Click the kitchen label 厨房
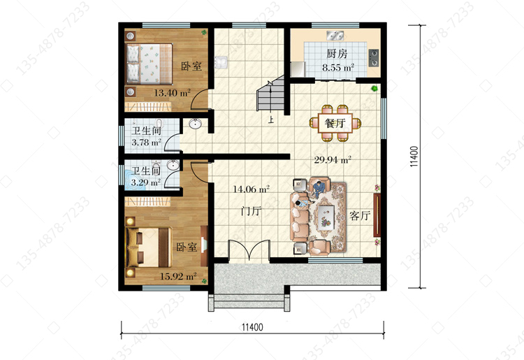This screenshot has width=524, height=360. coord(337,54)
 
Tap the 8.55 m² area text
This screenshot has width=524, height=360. coord(338,68)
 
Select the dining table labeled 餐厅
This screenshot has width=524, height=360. coord(335,123)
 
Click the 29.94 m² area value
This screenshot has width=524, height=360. coord(332,160)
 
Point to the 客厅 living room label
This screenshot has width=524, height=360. coord(360,215)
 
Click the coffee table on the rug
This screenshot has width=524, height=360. coord(326,217)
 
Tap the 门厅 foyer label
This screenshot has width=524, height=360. coord(251,211)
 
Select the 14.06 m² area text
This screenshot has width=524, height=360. coord(251,189)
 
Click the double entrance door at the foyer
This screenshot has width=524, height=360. coord(249,250)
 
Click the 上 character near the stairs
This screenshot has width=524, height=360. coord(270,120)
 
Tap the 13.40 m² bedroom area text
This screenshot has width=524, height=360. coord(172,93)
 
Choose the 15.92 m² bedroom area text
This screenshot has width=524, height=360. coord(177,276)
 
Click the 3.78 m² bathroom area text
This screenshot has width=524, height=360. coord(146,143)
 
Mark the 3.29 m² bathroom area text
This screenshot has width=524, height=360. coord(145,182)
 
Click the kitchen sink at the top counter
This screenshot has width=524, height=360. coord(335,35)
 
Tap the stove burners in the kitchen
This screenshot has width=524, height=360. coord(374,57)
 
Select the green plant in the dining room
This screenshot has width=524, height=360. coord(374,88)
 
